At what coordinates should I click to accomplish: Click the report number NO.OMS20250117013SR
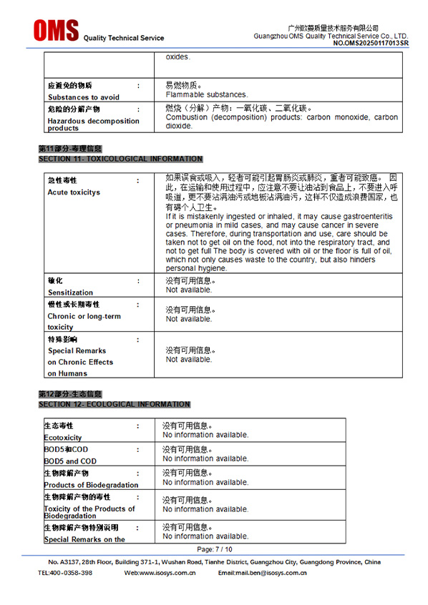pyautogui.click(x=371, y=44)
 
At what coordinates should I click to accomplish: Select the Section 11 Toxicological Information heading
pyautogui.click(x=120, y=159)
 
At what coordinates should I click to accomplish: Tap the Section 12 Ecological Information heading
pyautogui.click(x=115, y=404)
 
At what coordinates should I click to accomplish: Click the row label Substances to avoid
pyautogui.click(x=84, y=97)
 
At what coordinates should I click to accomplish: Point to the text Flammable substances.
pyautogui.click(x=207, y=94)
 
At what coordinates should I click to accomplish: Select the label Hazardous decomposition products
pyautogui.click(x=93, y=124)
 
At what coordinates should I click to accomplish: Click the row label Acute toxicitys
pyautogui.click(x=74, y=192)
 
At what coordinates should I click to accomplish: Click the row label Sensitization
pyautogui.click(x=70, y=292)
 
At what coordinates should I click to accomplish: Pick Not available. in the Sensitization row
pyautogui.click(x=189, y=290)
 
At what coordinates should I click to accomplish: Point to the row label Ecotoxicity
pyautogui.click(x=63, y=438)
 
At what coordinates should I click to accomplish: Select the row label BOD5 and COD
pyautogui.click(x=70, y=461)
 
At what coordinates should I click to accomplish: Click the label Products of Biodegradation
pyautogui.click(x=91, y=485)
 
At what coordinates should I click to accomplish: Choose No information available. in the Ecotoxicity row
pyautogui.click(x=205, y=435)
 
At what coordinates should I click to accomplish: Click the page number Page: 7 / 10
pyautogui.click(x=214, y=549)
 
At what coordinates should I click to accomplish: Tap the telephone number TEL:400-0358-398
pyautogui.click(x=65, y=573)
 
